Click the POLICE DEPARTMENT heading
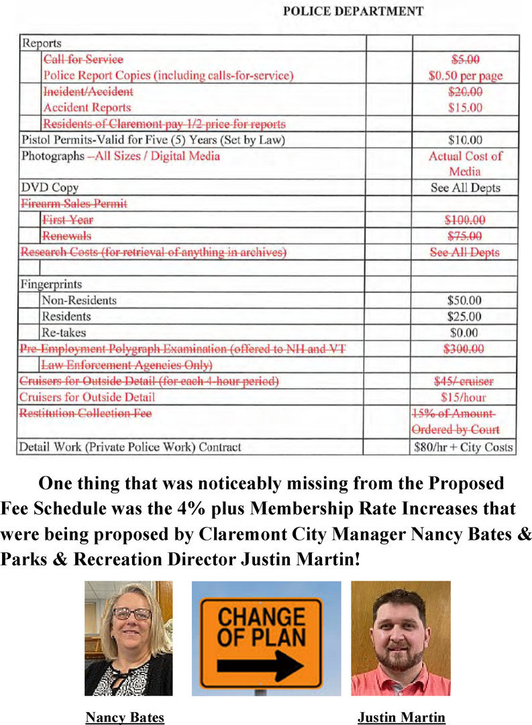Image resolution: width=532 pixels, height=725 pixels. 352,11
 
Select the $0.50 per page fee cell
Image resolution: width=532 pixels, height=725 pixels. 465,76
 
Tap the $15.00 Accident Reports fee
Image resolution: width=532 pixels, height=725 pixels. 465,107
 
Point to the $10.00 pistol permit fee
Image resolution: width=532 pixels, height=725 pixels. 465,140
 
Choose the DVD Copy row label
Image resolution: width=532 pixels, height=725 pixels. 50,187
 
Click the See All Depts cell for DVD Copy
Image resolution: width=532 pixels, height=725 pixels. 465,187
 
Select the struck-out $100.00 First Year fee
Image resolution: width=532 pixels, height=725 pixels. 465,220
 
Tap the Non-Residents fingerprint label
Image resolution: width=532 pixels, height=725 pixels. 79,300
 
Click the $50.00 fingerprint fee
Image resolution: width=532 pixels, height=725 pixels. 465,300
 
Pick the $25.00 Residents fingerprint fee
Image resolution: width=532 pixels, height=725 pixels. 465,316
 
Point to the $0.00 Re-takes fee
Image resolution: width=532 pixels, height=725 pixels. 465,332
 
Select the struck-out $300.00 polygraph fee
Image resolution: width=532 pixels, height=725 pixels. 465,348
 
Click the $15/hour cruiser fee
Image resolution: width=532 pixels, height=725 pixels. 465,397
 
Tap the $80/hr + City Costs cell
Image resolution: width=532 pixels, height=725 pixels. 464,446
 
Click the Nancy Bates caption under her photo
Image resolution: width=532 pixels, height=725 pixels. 125,718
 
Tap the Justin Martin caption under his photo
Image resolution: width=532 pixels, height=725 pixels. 401,718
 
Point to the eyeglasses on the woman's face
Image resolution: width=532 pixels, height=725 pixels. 131,614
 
